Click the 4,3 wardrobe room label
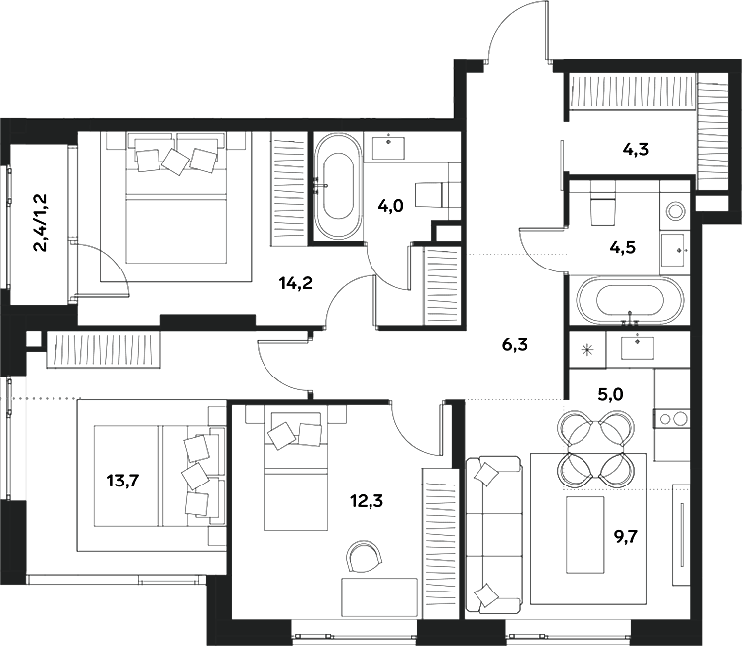coord(635,151)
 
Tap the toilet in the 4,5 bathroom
coord(602,206)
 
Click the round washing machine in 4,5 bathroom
coord(677,210)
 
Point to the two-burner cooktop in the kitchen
coord(672,418)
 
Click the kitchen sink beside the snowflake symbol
coord(636,347)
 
